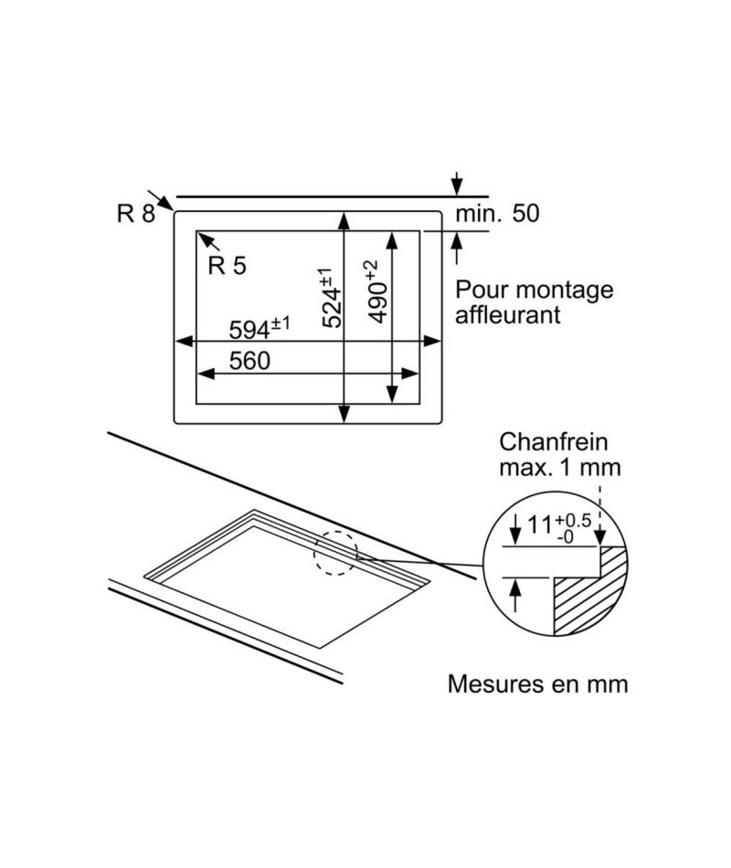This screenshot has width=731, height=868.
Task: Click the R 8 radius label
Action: [x=135, y=213]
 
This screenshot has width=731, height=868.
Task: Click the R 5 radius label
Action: [x=227, y=266]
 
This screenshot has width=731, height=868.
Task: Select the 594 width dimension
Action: [x=260, y=329]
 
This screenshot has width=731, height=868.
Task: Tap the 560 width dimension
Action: [x=249, y=361]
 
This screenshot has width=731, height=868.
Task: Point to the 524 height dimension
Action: [x=331, y=298]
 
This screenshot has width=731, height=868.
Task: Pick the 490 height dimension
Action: [x=377, y=291]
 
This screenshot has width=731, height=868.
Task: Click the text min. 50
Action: [x=497, y=213]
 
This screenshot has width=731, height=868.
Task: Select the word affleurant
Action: [x=508, y=315]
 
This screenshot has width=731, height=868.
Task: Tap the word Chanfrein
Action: [x=553, y=442]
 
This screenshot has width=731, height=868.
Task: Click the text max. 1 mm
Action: [x=560, y=468]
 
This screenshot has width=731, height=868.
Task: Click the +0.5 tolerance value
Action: [x=573, y=521]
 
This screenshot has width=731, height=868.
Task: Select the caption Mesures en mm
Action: [x=537, y=684]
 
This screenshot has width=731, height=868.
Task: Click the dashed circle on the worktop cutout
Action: [x=336, y=553]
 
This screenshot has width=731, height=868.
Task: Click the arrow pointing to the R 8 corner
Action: [x=161, y=200]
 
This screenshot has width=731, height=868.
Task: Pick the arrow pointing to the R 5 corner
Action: [x=208, y=241]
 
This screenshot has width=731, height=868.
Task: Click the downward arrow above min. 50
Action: [x=456, y=184]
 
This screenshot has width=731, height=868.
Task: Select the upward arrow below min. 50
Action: [x=456, y=248]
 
